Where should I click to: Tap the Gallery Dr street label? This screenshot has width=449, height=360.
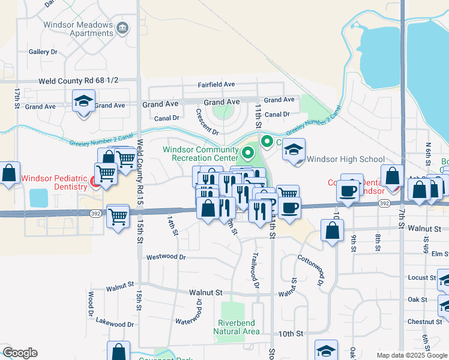pyautogui.click(x=43, y=52)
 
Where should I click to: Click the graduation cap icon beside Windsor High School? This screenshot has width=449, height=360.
pyautogui.click(x=294, y=150)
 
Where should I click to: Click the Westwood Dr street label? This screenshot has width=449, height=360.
pyautogui.click(x=166, y=257)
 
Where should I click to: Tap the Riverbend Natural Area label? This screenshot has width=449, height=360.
pyautogui.click(x=237, y=327)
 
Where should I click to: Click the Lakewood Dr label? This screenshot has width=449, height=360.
pyautogui.click(x=115, y=324)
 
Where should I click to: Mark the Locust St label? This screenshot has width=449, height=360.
pyautogui.click(x=421, y=278)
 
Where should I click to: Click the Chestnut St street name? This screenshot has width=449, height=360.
pyautogui.click(x=420, y=322)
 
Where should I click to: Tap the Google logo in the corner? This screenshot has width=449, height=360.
pyautogui.click(x=20, y=353)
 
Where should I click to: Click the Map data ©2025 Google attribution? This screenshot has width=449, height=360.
pyautogui.click(x=412, y=355)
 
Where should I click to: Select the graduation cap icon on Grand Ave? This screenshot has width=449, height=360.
pyautogui.click(x=83, y=101)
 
